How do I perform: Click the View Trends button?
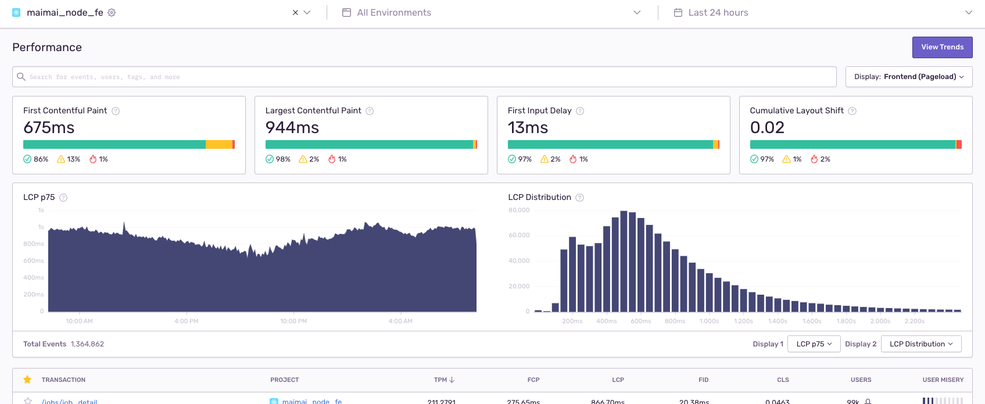pyautogui.click(x=942, y=47)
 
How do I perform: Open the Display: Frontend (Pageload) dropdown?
pyautogui.click(x=908, y=77)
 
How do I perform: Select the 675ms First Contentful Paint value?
pyautogui.click(x=49, y=127)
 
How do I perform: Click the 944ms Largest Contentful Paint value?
pyautogui.click(x=292, y=127)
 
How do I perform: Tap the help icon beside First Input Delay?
pyautogui.click(x=580, y=111)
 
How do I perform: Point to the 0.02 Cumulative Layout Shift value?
pyautogui.click(x=767, y=127)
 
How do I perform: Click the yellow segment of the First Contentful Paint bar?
pyautogui.click(x=219, y=145)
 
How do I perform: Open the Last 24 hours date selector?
pyautogui.click(x=718, y=13)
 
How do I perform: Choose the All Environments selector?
pyautogui.click(x=394, y=13)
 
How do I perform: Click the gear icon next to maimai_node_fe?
pyautogui.click(x=112, y=13)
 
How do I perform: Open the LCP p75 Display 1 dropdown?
pyautogui.click(x=814, y=344)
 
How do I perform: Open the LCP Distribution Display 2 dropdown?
pyautogui.click(x=921, y=344)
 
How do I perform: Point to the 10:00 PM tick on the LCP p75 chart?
pyautogui.click(x=293, y=321)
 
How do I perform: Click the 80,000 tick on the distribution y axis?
pyautogui.click(x=519, y=210)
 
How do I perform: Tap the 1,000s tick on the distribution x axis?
pyautogui.click(x=709, y=321)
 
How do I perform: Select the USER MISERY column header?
pyautogui.click(x=943, y=380)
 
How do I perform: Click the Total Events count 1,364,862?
pyautogui.click(x=87, y=344)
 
